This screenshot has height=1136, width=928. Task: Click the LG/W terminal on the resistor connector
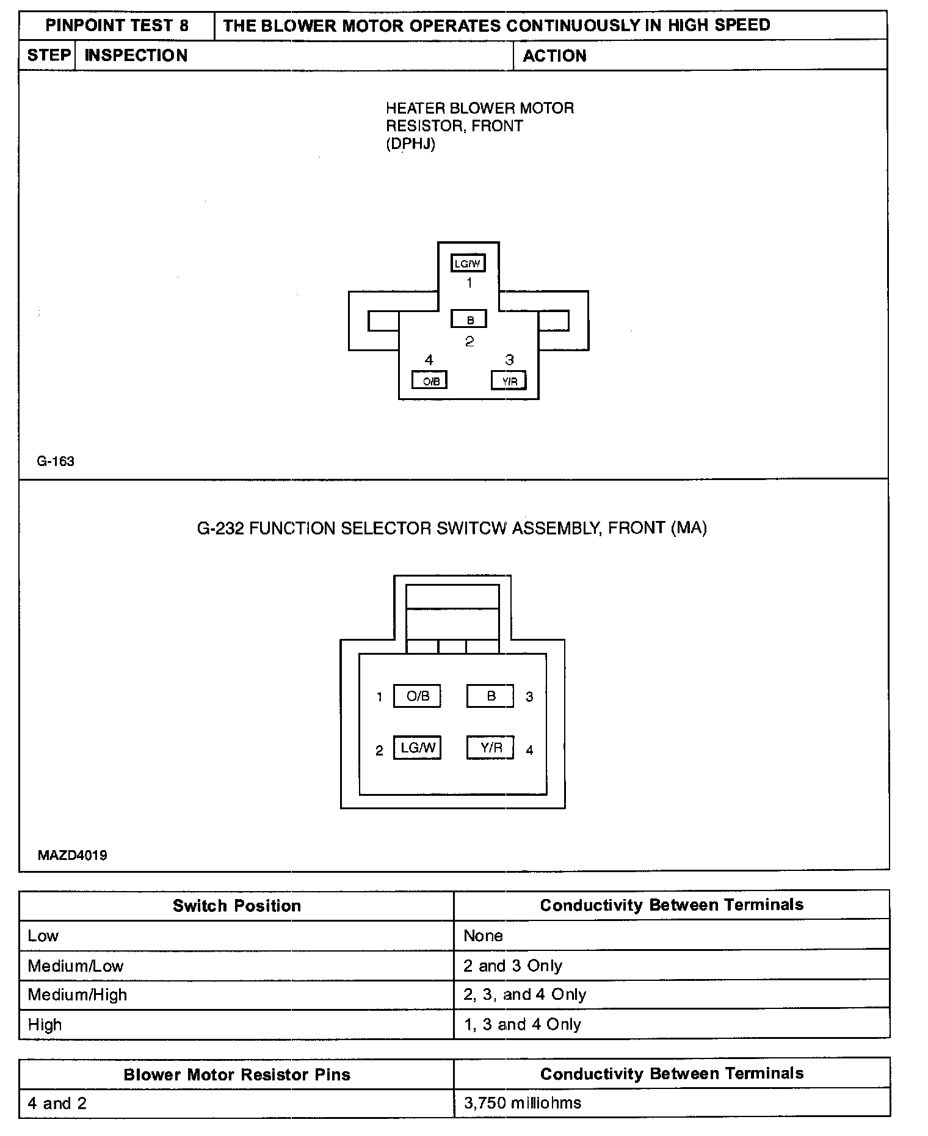468,263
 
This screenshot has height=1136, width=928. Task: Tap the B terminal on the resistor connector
469,319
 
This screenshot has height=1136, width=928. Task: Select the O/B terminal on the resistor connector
430,381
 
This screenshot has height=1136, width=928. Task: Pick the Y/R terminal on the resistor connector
509,381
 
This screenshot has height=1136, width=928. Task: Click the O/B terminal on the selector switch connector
418,696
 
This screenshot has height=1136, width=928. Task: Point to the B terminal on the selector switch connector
490,696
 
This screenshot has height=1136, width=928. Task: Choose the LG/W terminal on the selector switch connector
418,748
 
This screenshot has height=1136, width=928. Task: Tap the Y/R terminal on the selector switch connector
490,748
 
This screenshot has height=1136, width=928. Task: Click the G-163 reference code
56,462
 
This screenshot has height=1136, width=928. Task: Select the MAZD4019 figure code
72,855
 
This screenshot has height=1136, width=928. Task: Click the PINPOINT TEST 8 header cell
117,26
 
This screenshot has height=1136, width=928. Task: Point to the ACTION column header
554,56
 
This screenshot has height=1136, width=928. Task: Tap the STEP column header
48,56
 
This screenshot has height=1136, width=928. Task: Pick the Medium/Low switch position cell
76,966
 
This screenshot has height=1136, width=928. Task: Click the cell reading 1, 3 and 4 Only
523,1024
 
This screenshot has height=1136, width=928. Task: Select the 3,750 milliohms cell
523,1103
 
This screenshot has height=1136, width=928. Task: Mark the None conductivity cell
483,936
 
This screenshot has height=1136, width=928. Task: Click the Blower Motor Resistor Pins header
237,1074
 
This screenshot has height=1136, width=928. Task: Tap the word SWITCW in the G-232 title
472,528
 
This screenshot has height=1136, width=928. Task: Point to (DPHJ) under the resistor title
410,144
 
